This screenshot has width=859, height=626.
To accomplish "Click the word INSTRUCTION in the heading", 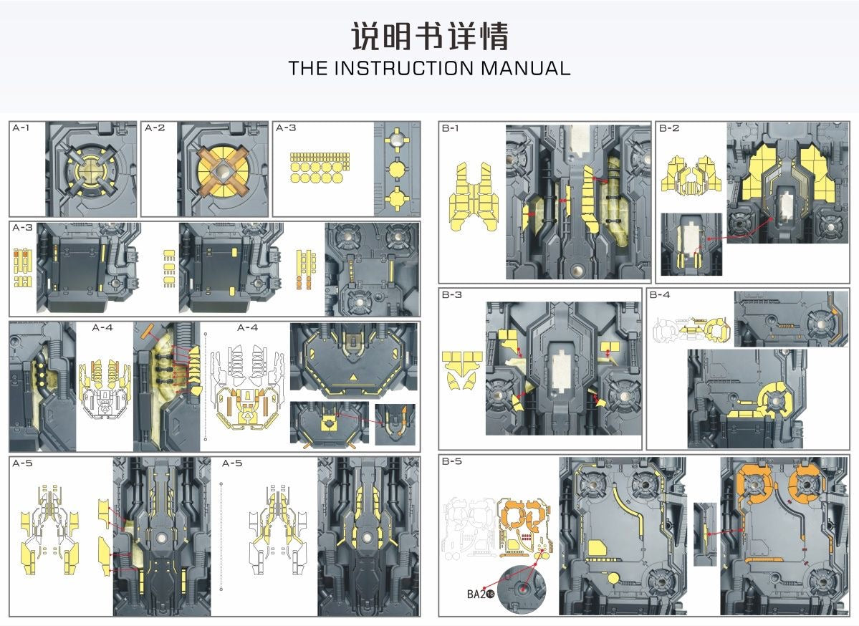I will coord(403,69).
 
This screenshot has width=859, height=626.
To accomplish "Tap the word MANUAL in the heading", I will coord(526,69).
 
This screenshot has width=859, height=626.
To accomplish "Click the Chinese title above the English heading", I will coord(429,36).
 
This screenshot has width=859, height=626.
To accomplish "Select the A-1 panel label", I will coord(21,128).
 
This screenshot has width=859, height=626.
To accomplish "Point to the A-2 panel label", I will coord(155,128).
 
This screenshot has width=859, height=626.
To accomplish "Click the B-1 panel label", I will coord(450,128).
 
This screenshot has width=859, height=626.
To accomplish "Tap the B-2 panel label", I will coord(669,128).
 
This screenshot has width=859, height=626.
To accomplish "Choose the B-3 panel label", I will coord(451,295).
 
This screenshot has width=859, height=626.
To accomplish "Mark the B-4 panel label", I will coord(660,295).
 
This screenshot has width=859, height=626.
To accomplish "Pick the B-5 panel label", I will coord(451,461).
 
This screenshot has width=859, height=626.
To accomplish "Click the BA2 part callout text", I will coord(476,594).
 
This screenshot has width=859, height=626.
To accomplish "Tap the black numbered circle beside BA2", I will coord(491,594).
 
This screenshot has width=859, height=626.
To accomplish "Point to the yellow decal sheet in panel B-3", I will coord(462,370).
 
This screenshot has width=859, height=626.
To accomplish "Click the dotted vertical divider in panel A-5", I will coord(221,537).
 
